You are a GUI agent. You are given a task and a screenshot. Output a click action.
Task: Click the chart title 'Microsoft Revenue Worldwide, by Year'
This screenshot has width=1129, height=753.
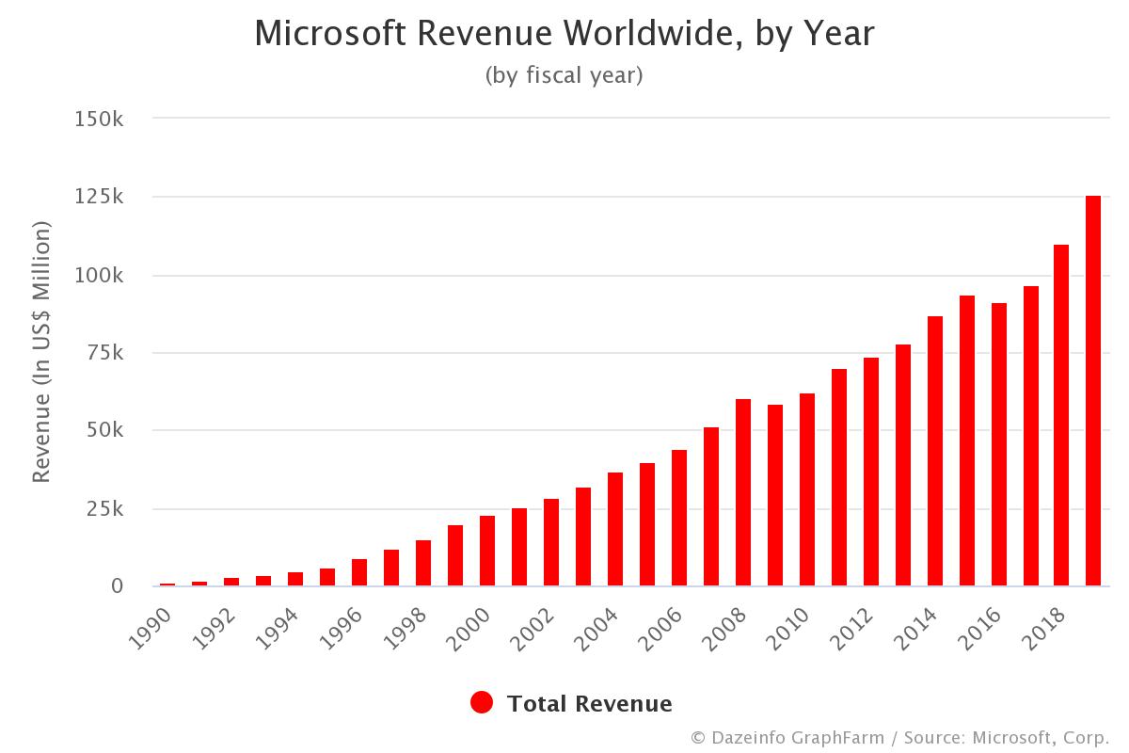tap(564, 34)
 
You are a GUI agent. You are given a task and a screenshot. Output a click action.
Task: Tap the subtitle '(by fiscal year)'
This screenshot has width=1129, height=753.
tap(564, 75)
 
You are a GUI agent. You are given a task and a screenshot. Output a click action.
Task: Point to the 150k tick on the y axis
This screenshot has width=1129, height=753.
tap(99, 120)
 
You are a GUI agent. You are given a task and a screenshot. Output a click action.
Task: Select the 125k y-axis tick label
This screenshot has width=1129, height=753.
tap(99, 198)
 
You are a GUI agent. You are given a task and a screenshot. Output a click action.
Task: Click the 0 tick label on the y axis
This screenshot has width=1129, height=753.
tap(117, 586)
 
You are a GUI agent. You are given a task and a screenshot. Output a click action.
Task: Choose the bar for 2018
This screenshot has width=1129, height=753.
tap(1061, 415)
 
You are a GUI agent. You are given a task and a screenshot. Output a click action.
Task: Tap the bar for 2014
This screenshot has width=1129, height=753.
tap(935, 451)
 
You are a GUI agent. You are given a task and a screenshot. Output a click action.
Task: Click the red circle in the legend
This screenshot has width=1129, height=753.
tap(482, 703)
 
